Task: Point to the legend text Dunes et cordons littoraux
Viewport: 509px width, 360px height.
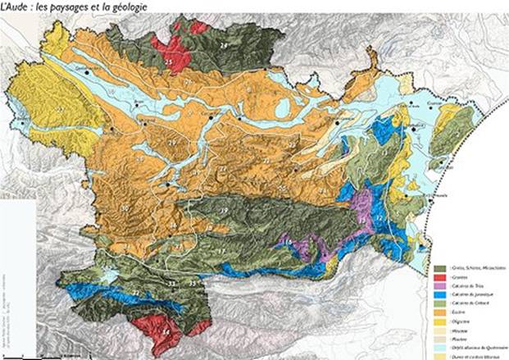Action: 477,357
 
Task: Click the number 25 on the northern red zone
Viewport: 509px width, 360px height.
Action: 169,62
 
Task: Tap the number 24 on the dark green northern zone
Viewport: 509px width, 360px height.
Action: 222,47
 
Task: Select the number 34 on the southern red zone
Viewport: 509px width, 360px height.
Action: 166,331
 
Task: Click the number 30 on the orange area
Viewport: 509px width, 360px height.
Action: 124,208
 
